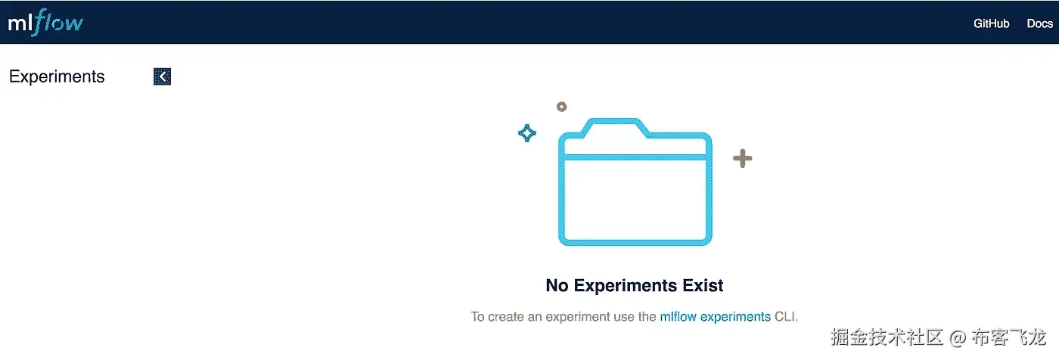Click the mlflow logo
pyautogui.click(x=45, y=22)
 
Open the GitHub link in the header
pyautogui.click(x=991, y=23)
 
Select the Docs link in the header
pyautogui.click(x=1039, y=23)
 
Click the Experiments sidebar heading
pyautogui.click(x=57, y=76)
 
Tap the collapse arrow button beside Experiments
pyautogui.click(x=162, y=76)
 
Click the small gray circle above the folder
pyautogui.click(x=561, y=107)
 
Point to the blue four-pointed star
pyautogui.click(x=527, y=133)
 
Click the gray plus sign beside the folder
pyautogui.click(x=742, y=158)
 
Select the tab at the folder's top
pyautogui.click(x=614, y=126)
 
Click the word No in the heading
pyautogui.click(x=557, y=285)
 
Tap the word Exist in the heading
pyautogui.click(x=703, y=285)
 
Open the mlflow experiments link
pyautogui.click(x=716, y=317)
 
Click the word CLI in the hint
pyautogui.click(x=786, y=317)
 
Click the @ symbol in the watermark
pyautogui.click(x=958, y=338)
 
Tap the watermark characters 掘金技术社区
pyautogui.click(x=887, y=337)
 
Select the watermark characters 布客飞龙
pyautogui.click(x=1008, y=337)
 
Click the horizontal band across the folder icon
pyautogui.click(x=635, y=157)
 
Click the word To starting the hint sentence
pyautogui.click(x=477, y=317)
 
